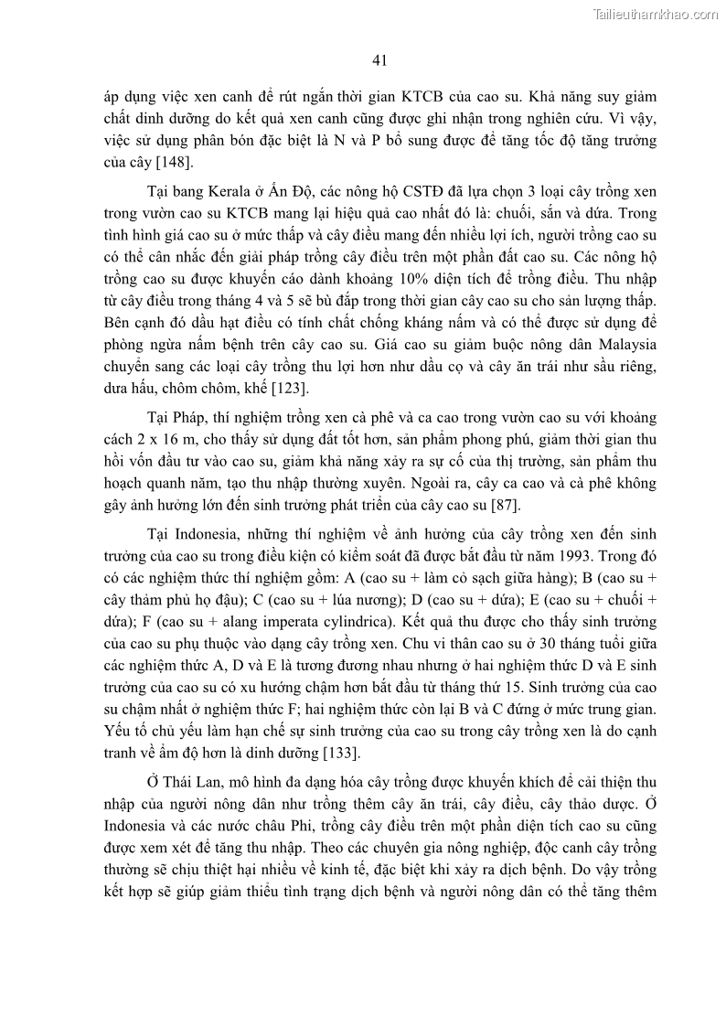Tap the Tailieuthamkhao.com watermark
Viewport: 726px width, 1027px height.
656,14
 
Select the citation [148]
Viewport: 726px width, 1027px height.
146,163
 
